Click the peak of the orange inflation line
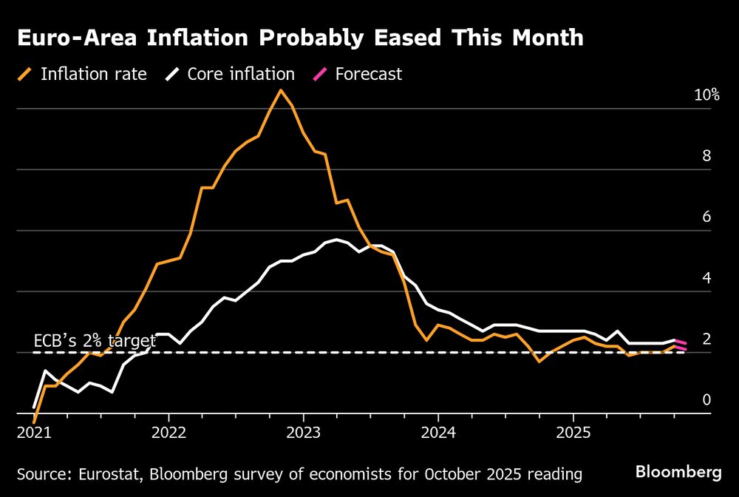click(280, 90)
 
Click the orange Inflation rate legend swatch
click(27, 74)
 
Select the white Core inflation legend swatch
click(173, 74)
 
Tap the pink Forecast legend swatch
click(321, 74)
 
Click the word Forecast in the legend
click(368, 74)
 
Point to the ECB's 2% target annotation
click(95, 341)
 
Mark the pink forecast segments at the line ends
click(680, 345)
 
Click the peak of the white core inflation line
click(336, 240)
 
